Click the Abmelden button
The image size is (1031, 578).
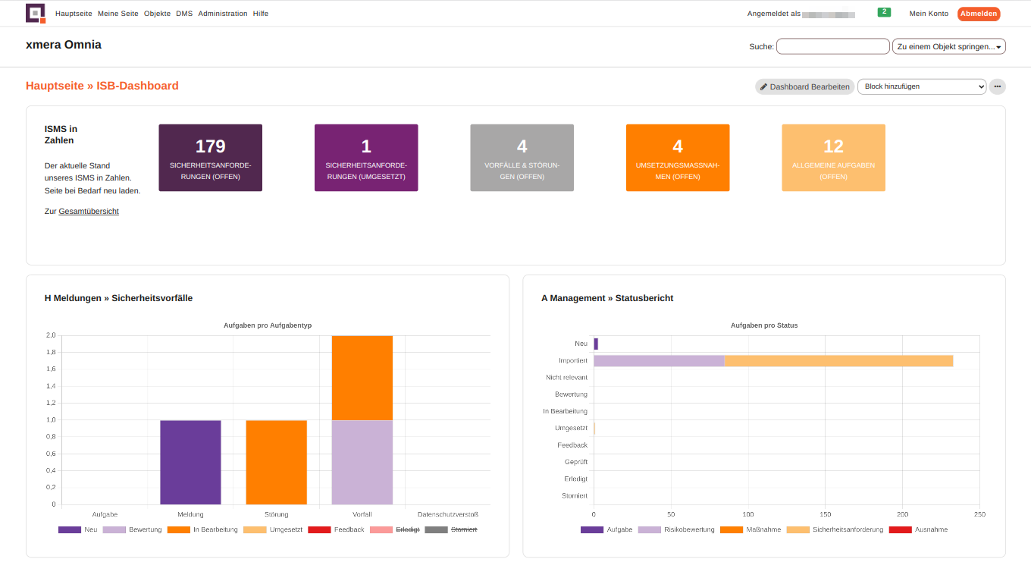coord(979,14)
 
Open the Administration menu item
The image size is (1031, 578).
coord(222,14)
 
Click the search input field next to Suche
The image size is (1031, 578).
coord(832,46)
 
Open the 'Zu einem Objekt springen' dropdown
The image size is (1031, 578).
coord(948,46)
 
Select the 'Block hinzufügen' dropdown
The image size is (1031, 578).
coord(921,86)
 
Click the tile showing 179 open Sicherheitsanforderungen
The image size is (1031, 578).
coord(210,158)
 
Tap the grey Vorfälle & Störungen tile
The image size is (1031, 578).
coord(522,158)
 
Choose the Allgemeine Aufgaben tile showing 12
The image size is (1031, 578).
coord(833,158)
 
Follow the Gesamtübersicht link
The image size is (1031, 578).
coord(89,212)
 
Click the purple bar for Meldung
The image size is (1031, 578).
coord(190,462)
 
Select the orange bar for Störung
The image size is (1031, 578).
coord(276,462)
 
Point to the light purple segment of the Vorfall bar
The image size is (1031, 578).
coord(362,462)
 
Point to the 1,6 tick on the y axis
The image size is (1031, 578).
coord(51,369)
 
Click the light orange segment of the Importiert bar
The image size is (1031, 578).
coord(838,361)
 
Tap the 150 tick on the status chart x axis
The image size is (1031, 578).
coord(826,514)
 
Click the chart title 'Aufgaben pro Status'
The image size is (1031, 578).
coord(763,325)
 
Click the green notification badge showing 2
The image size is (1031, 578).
coord(884,12)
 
